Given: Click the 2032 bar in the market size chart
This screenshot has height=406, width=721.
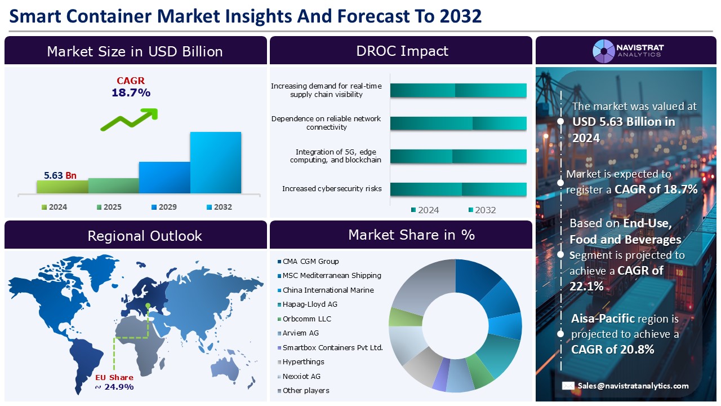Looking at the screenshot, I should (215, 164).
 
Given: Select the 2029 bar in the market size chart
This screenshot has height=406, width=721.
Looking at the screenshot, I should (164, 178).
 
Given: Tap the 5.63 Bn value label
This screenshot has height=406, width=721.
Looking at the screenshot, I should (60, 175).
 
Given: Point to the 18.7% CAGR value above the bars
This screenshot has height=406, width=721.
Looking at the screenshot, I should (131, 93).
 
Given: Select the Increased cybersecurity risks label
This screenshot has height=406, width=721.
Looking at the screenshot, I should (331, 188).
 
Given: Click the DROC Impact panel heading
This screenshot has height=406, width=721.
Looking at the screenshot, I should (402, 51).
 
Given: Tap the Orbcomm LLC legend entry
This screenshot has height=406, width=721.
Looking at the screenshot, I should (306, 319).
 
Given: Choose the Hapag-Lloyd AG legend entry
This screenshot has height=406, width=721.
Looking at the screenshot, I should (310, 304).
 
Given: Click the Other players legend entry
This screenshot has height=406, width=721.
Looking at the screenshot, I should (305, 390).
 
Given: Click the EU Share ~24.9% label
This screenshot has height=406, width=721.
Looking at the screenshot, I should (114, 382).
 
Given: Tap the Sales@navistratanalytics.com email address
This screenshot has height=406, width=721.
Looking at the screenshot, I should (633, 386).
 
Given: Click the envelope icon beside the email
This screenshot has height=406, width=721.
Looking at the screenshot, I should (568, 386).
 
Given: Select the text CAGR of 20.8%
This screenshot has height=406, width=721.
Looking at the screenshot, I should (612, 349).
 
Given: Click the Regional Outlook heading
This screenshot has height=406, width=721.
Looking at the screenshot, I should (144, 236).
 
